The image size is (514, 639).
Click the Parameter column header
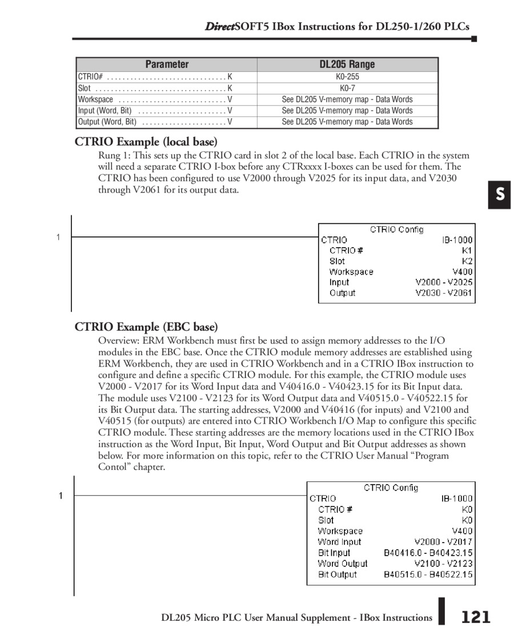[x=167, y=65]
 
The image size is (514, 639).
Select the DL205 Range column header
[x=347, y=65]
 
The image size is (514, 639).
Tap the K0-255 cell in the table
[x=347, y=77]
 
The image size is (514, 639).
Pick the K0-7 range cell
[x=347, y=88]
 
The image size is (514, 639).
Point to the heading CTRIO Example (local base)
[x=146, y=142]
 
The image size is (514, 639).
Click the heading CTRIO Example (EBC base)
[x=146, y=327]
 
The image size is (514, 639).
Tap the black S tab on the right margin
[x=500, y=195]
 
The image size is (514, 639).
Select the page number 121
[x=476, y=617]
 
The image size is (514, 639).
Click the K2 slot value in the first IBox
[x=467, y=261]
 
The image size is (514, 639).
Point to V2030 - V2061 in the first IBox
[x=444, y=293]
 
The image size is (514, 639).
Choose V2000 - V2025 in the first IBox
[x=444, y=282]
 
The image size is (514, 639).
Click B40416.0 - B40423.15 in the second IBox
[x=428, y=553]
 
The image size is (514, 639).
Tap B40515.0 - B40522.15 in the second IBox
[x=428, y=574]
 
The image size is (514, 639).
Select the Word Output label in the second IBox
[x=343, y=564]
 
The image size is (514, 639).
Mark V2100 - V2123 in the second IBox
[x=444, y=564]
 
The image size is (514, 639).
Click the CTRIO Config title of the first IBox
[x=397, y=230]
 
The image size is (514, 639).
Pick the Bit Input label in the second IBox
[x=334, y=553]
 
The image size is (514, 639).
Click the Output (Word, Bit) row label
[x=107, y=122]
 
